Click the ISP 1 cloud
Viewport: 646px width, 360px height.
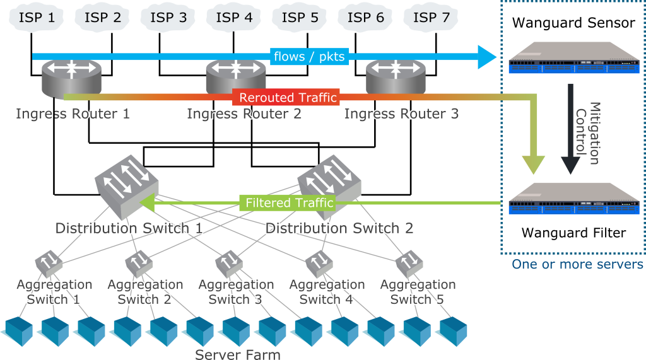coord(37,18)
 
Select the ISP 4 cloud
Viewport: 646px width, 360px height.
coord(235,18)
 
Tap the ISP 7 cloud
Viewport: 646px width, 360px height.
coord(432,18)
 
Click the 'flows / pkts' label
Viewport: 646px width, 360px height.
coord(309,57)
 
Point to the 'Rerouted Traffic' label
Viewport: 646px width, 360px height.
coord(288,98)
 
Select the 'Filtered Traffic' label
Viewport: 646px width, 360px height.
coord(289,203)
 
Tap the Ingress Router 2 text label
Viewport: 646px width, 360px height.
coord(244,114)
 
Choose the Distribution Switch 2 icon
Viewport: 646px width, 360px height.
coord(329,178)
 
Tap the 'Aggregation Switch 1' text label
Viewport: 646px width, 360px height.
coord(54,292)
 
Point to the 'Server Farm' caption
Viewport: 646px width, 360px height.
coord(237,354)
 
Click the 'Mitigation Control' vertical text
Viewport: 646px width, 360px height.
coord(587,132)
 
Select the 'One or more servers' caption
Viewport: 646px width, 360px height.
coord(577,264)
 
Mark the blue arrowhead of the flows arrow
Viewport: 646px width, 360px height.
coord(487,57)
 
